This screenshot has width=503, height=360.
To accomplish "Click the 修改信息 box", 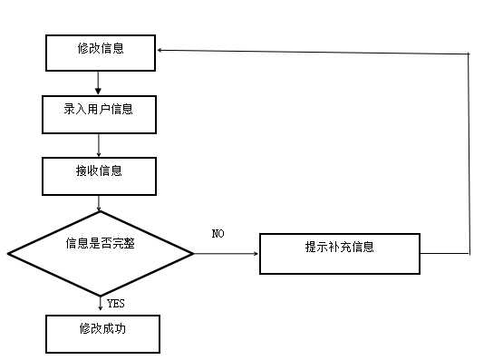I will (x=101, y=53).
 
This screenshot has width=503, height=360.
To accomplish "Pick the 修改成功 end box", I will (x=102, y=333).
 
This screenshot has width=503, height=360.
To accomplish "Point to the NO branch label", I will (x=218, y=234).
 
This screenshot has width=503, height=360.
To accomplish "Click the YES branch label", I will (x=116, y=303).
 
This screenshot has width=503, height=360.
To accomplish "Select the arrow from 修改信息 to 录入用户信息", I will (x=98, y=83).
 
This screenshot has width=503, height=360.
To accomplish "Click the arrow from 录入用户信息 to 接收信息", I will (x=98, y=144).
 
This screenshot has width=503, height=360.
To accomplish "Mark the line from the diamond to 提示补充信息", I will (x=227, y=253).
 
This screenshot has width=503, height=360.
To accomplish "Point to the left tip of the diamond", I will (x=9, y=253).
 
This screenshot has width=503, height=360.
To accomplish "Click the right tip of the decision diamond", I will (x=193, y=253).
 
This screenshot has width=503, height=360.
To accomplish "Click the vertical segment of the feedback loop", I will (x=469, y=154).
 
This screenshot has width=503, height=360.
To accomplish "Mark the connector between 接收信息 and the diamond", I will (x=99, y=203).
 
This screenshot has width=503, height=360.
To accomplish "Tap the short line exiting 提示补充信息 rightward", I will (x=444, y=253).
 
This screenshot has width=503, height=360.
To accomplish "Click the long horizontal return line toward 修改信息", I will (x=317, y=53).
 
